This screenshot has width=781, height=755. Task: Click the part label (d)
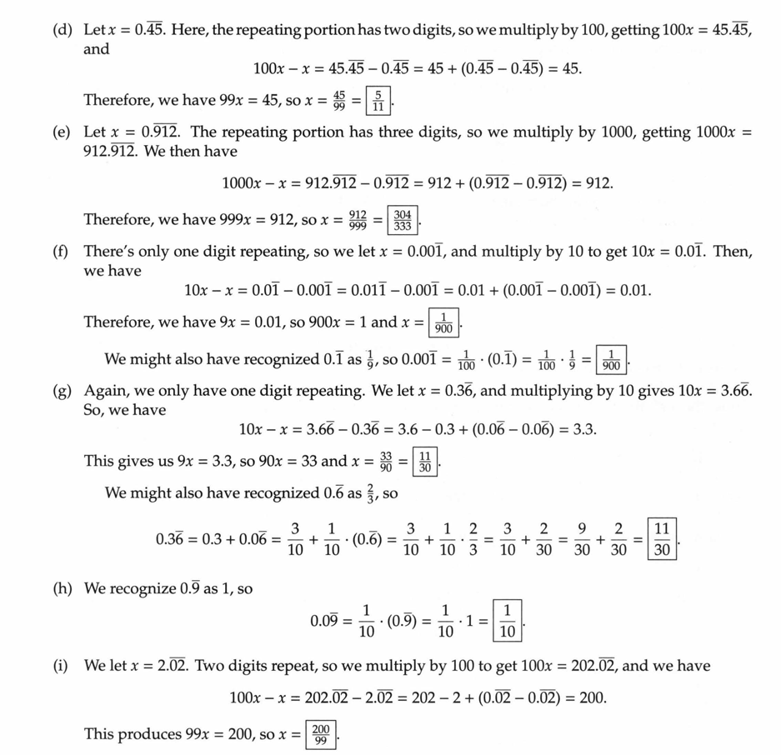[61, 30]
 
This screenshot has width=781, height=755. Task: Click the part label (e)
[61, 132]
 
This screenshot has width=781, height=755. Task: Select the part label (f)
[61, 252]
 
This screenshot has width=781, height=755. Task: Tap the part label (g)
[61, 391]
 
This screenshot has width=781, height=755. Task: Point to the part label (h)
[61, 589]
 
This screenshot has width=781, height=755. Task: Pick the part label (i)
[61, 666]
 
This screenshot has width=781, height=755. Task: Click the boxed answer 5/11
[378, 102]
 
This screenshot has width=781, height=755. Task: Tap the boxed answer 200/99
[321, 735]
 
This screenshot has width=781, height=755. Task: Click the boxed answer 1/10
[507, 621]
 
